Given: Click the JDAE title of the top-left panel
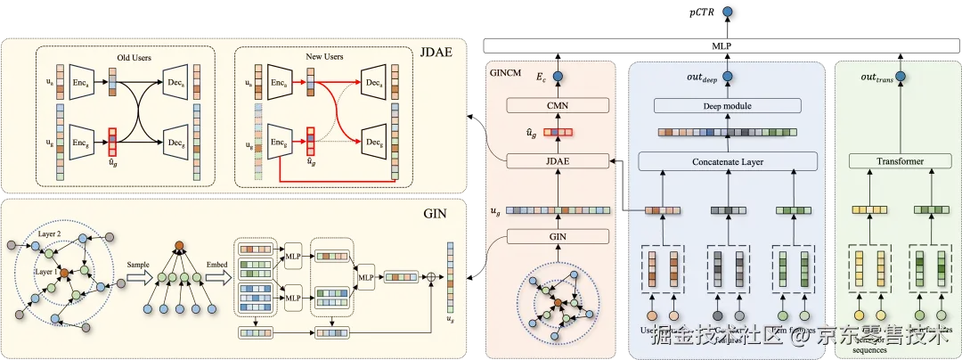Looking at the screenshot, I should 436,52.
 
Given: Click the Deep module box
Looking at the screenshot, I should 728,106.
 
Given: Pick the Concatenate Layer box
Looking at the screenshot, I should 728,161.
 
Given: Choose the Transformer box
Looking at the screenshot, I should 900,161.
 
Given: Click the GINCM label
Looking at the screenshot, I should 505,71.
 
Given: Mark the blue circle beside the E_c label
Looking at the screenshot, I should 559,78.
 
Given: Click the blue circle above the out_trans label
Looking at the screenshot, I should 900,78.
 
